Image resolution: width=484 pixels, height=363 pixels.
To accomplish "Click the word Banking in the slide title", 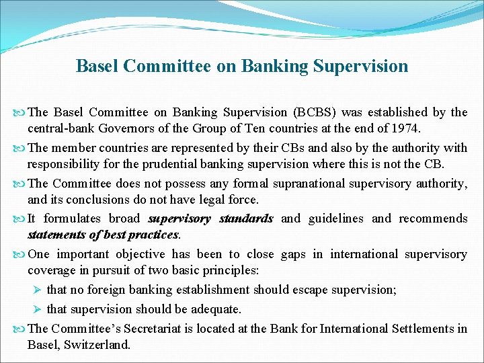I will (x=269, y=67).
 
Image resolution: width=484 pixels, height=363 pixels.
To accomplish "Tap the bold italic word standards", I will (x=246, y=218).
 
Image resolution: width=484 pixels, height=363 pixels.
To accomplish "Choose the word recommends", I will (x=433, y=218).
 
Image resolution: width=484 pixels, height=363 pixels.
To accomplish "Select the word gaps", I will (x=293, y=254).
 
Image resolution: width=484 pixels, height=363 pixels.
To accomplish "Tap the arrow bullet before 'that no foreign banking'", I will (x=38, y=290).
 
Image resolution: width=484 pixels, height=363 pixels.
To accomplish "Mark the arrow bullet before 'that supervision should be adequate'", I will (x=38, y=309).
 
